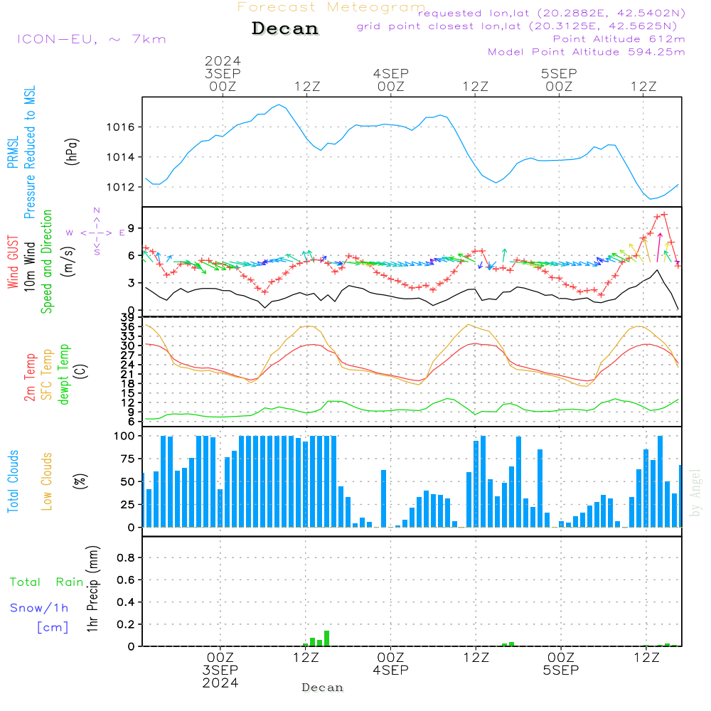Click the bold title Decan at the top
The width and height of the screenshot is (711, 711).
point(285,28)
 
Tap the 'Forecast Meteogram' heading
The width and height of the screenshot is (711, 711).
point(331,7)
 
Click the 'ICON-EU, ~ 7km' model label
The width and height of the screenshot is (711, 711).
point(92,39)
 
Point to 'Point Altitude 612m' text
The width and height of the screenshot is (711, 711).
point(619,39)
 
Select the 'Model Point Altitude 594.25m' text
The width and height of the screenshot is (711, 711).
point(587,52)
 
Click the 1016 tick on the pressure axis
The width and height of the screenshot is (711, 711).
point(121,127)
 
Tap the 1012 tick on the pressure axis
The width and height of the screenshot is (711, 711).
point(121,187)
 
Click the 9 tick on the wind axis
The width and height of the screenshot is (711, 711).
point(131,228)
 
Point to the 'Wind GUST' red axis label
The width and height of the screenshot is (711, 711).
point(13,262)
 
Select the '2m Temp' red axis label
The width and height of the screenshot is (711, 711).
point(29,378)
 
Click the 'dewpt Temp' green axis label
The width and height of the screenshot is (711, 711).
point(63,374)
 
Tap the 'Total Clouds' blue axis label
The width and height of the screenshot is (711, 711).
point(13,481)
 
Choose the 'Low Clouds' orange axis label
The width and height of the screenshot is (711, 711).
point(46,481)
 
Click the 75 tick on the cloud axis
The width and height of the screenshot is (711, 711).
point(128,459)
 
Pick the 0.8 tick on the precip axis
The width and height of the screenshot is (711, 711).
point(126,557)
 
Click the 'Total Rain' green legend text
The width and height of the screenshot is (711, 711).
point(47,582)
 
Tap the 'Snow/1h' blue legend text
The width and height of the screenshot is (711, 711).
point(39,608)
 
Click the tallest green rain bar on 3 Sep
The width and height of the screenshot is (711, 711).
point(326,638)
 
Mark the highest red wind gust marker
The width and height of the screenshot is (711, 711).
point(664,215)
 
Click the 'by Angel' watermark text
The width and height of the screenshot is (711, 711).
point(695,493)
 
